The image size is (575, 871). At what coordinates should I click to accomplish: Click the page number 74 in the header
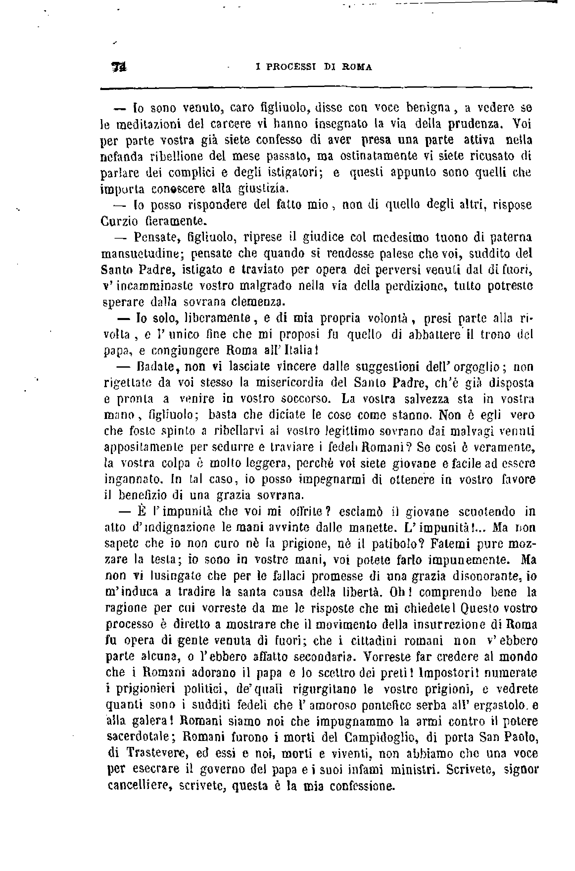(119, 67)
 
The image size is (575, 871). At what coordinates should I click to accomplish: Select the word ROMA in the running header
(357, 67)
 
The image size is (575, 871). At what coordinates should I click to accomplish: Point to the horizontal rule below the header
(315, 88)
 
